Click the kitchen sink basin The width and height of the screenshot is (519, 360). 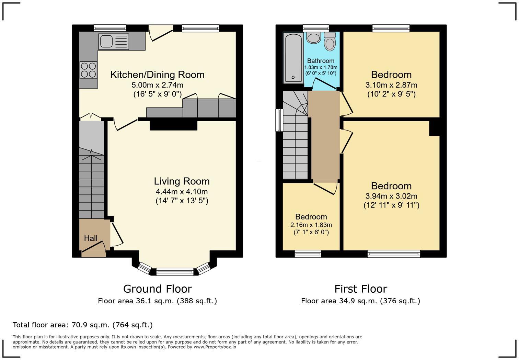106,42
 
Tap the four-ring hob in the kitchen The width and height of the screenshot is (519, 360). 88,70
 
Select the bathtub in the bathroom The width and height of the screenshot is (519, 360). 293,58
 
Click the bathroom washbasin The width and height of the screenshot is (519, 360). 313,38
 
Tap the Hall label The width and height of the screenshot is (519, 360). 91,238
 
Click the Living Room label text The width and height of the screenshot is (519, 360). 182,181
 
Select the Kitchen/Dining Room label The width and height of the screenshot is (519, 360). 158,75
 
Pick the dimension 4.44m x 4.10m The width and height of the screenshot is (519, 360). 182,192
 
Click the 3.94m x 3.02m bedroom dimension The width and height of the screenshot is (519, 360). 391,196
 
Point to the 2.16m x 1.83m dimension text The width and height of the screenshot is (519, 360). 311,225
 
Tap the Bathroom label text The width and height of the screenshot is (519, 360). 321,61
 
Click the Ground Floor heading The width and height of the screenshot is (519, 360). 158,289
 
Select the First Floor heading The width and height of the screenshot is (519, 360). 361,289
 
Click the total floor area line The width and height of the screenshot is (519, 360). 83,325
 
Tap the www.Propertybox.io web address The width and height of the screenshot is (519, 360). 215,347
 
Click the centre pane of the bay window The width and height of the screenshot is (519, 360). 175,271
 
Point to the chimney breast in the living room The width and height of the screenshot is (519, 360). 174,125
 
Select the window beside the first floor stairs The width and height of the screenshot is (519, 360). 279,120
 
